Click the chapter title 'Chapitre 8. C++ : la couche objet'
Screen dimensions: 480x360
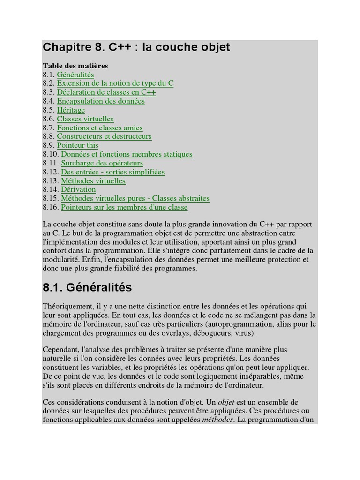coord(136,47)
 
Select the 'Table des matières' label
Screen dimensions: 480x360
coord(75,66)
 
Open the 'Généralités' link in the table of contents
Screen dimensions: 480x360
coord(75,75)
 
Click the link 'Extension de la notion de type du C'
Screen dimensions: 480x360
coord(115,83)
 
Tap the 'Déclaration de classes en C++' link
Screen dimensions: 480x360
coord(106,92)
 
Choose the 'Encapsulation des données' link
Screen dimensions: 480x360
coord(101,101)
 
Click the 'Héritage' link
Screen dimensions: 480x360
coord(71,110)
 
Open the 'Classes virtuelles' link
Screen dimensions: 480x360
coord(85,119)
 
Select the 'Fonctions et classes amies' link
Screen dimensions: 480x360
coord(100,127)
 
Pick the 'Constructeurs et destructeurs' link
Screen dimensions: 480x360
coord(104,136)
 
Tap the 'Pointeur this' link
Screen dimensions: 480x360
coord(77,145)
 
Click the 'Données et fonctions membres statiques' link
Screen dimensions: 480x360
coord(127,154)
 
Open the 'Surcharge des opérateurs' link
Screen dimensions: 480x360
coord(102,163)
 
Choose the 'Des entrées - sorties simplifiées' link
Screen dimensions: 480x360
coord(113,172)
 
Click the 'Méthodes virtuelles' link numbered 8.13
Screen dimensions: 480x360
coord(93,181)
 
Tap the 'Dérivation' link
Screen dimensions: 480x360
coord(78,189)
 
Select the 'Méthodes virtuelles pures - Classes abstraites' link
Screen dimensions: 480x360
coord(135,198)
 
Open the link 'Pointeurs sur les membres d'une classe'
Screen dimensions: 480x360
coord(124,207)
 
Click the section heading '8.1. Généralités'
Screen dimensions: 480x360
coord(87,287)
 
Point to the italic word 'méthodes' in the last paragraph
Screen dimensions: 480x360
coord(217,420)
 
